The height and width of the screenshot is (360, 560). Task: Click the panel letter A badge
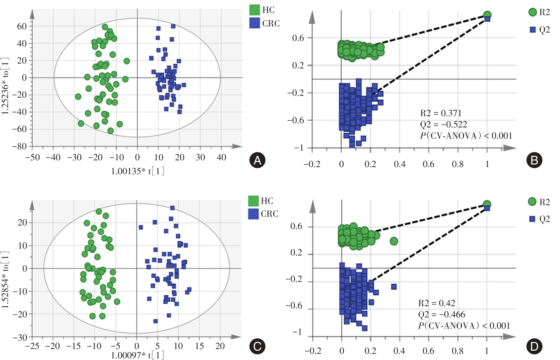(257, 160)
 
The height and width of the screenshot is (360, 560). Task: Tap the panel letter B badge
(534, 160)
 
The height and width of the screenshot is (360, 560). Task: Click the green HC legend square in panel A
(255, 10)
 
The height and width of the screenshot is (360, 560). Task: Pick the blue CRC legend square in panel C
(253, 214)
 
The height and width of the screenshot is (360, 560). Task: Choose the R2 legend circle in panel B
(533, 12)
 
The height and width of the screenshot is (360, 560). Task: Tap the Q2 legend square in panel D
(532, 219)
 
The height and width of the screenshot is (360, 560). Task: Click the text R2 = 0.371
(441, 113)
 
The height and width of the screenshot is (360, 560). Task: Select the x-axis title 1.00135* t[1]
(138, 171)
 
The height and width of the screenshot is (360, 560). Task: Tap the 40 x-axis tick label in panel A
(221, 157)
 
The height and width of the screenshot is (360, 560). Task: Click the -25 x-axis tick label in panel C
(32, 346)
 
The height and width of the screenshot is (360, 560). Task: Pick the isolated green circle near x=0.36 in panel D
(394, 241)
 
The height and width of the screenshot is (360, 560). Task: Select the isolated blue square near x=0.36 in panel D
(394, 286)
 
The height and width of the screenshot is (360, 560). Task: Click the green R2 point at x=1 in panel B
(487, 15)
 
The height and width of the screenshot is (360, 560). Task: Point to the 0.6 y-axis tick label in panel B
(298, 38)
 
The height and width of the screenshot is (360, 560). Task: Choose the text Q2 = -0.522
(443, 125)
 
